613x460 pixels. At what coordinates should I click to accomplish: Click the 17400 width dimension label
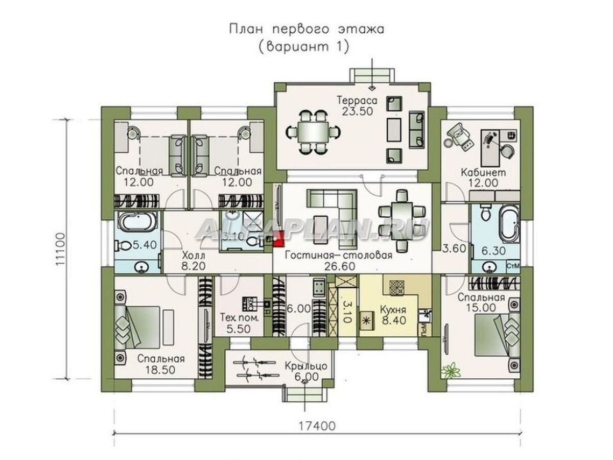(318, 425)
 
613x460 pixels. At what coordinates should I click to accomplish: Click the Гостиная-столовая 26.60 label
(339, 261)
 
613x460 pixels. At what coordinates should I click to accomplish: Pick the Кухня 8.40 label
(392, 316)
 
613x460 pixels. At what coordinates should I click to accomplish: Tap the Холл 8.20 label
(193, 260)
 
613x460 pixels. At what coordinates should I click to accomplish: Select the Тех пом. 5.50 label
(239, 324)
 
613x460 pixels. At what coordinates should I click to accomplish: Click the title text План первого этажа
(306, 29)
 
